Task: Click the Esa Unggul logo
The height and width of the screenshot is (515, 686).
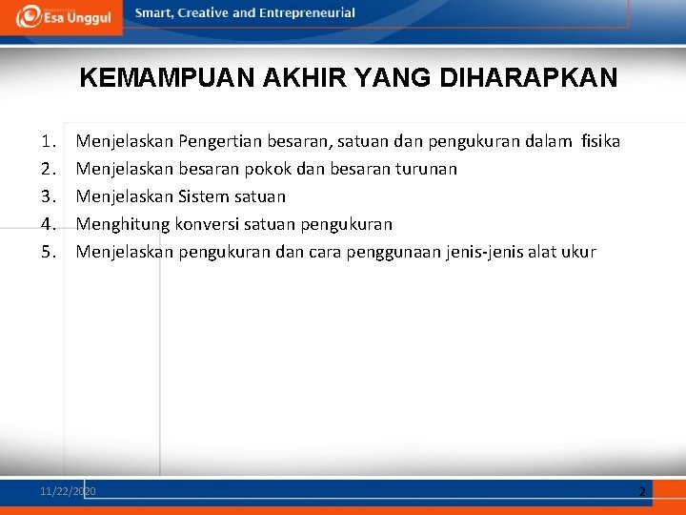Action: coord(64,17)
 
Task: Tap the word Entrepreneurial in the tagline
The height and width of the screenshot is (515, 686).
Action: coord(307,12)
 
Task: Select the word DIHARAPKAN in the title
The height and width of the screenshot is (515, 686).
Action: coord(528,77)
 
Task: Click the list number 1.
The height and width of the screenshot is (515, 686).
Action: coord(49,141)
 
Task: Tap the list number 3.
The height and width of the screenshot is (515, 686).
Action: coord(49,196)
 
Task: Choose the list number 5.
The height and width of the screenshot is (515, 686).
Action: coord(49,252)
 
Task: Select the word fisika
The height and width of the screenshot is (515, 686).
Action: coord(600,141)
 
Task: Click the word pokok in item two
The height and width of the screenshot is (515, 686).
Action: coord(268,169)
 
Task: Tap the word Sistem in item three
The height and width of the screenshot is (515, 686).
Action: coord(204,196)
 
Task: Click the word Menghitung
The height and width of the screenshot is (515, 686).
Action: coord(123,225)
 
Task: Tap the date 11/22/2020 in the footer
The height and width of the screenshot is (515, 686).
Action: coord(68,491)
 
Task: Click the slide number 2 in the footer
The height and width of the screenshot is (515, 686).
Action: coord(642,492)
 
